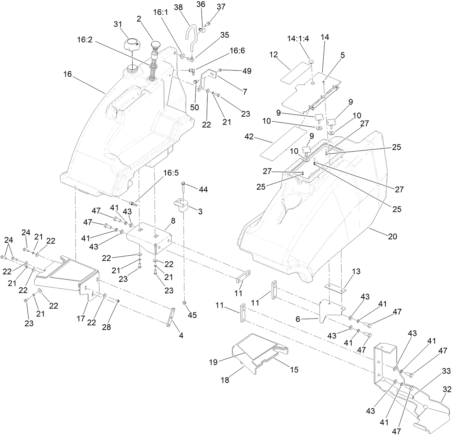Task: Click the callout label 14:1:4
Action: click(x=298, y=39)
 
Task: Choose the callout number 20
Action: click(x=392, y=236)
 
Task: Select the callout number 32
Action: click(x=447, y=389)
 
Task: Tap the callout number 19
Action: click(x=213, y=362)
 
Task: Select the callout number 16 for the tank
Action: click(x=68, y=74)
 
